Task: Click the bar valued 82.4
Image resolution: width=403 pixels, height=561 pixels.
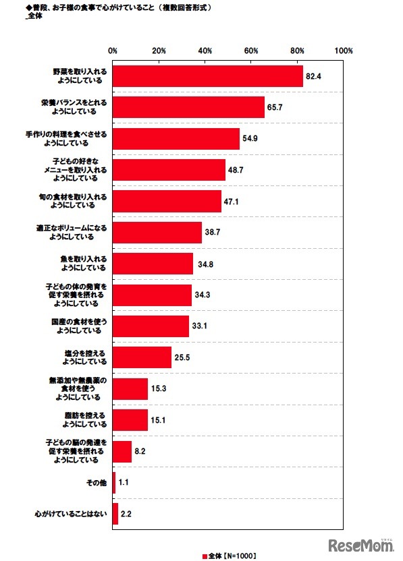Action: (208, 76)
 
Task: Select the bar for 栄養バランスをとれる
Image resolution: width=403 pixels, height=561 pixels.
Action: (188, 107)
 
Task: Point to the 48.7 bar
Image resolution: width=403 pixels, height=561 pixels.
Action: (169, 170)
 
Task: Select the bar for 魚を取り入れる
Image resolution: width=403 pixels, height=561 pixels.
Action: (153, 264)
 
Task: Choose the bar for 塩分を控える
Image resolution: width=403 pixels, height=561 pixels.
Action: (142, 357)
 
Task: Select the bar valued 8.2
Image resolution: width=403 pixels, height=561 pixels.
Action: (122, 451)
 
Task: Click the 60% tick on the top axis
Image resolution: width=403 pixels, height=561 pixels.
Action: (251, 51)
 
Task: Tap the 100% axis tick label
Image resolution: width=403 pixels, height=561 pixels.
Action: (343, 51)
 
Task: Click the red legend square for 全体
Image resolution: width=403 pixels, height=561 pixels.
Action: (205, 556)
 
